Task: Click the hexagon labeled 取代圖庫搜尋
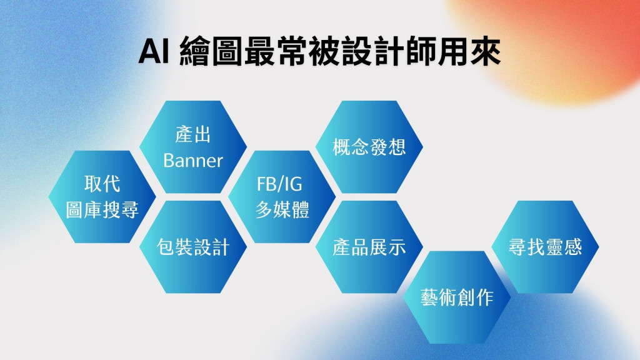[102, 197]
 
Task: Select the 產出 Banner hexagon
[193, 147]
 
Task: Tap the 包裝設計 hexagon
[193, 247]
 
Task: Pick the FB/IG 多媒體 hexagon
[282, 197]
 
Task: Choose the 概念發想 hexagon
[369, 147]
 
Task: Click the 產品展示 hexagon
[369, 247]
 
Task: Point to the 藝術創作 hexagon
[457, 297]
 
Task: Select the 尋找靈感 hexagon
[545, 247]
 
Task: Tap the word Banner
[193, 161]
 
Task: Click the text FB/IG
[279, 184]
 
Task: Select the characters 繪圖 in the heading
[211, 51]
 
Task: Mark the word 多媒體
[282, 210]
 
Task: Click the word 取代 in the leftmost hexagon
[102, 184]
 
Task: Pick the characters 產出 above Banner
[193, 134]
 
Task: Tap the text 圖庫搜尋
[102, 210]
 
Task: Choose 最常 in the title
[276, 51]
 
